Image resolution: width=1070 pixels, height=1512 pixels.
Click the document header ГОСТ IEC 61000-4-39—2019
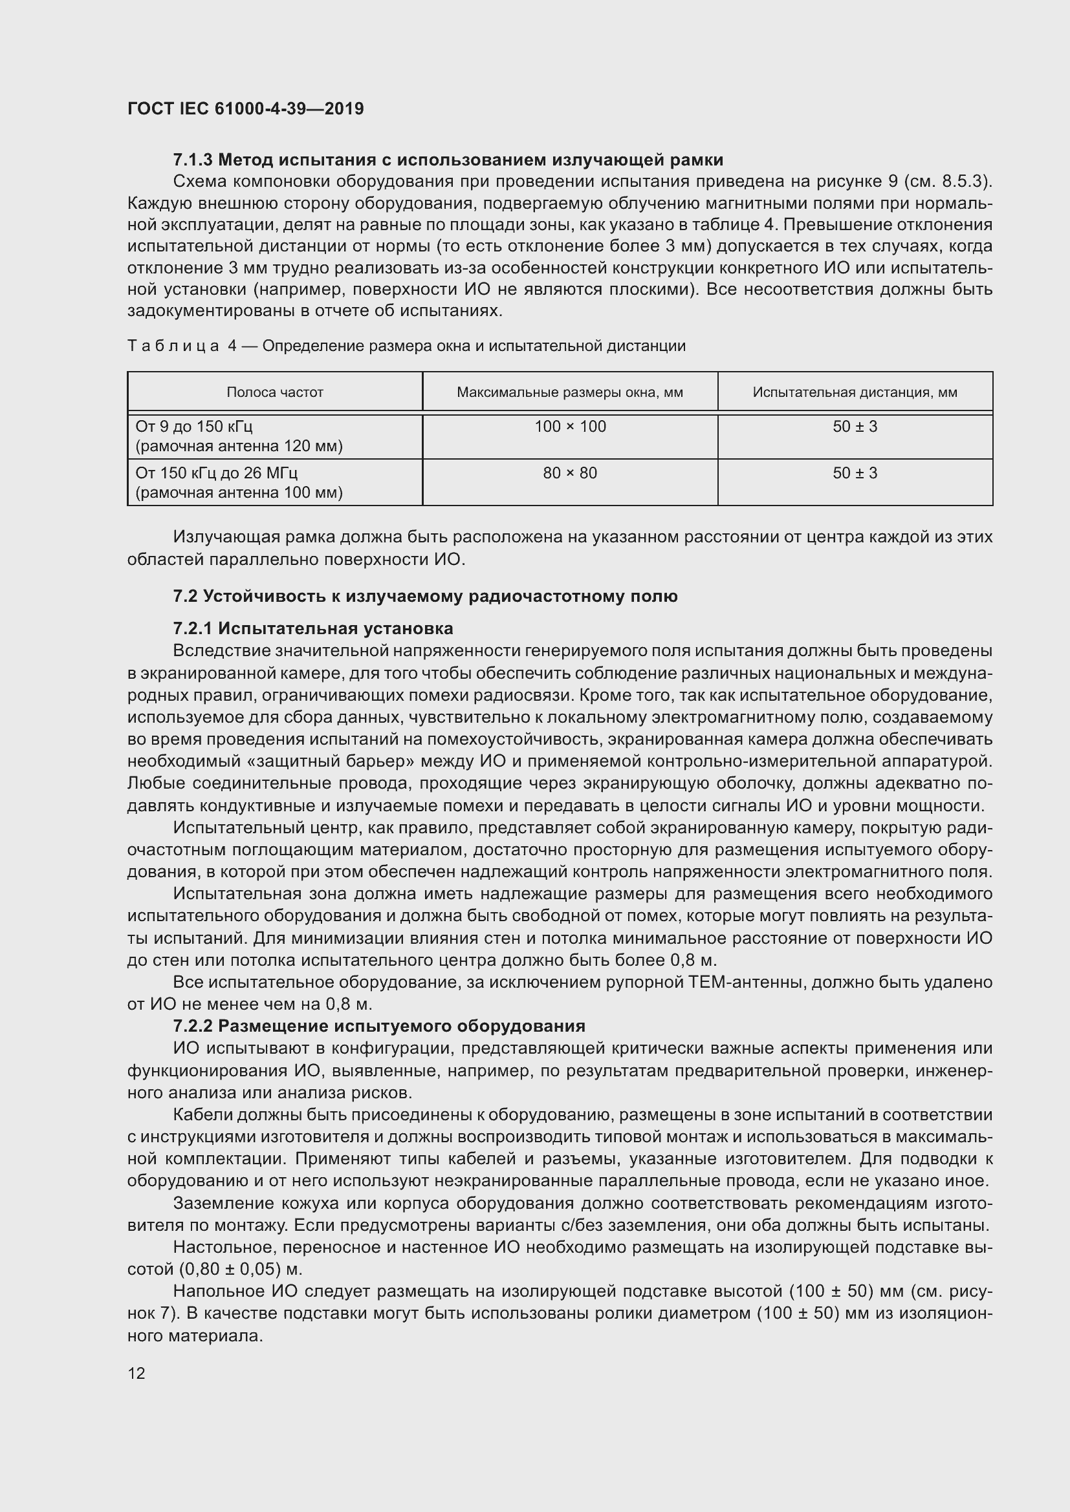coord(245,109)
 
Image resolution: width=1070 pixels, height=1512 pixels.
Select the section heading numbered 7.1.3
coord(448,160)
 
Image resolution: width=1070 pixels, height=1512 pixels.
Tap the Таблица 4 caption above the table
coord(406,346)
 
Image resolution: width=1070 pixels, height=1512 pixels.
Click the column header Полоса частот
coord(275,392)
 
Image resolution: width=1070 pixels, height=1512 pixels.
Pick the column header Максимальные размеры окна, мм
coord(570,392)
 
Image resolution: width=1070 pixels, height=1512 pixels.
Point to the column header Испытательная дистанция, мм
coord(855,392)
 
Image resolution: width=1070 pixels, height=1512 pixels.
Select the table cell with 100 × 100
coord(570,427)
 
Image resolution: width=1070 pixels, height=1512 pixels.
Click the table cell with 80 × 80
coord(570,473)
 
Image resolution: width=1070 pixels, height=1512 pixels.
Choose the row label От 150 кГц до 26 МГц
coord(217,473)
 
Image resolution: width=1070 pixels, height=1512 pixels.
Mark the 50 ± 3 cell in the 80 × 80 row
coord(855,473)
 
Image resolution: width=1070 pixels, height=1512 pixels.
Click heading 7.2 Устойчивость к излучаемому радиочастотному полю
coord(425,597)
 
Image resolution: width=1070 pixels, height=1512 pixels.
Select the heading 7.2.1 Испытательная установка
coord(313,628)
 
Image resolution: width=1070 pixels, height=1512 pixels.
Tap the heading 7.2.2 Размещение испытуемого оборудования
coord(379,1026)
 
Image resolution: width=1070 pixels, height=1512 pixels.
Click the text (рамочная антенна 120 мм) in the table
coord(239,447)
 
